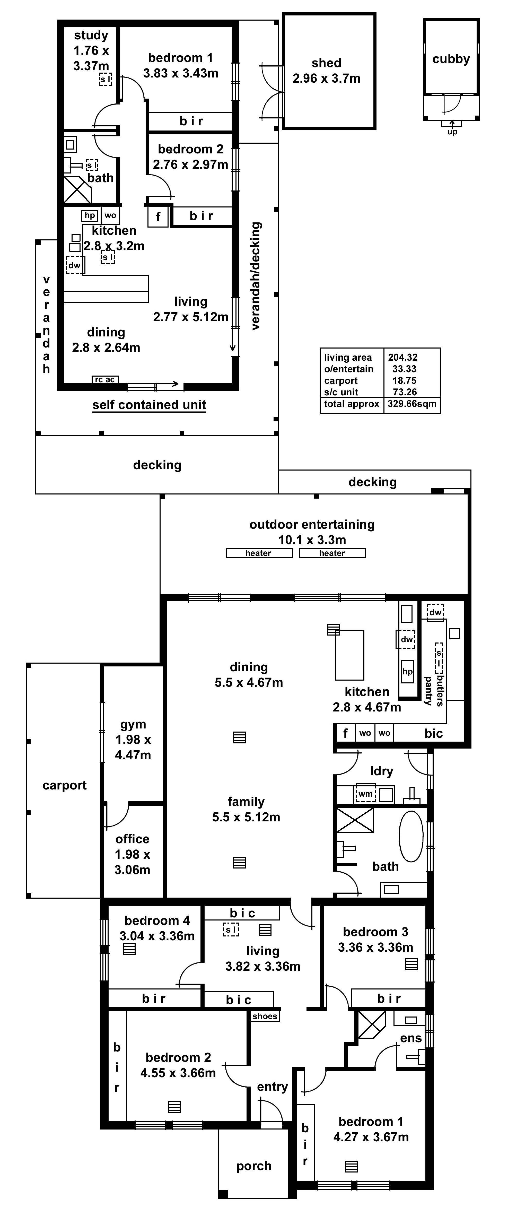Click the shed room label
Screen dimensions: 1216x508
pos(326,63)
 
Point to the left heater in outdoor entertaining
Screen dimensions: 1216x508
pos(259,553)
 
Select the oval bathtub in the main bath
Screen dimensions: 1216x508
pos(411,837)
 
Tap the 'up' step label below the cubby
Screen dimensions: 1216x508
pos(452,132)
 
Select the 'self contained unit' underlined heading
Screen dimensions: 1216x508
pos(149,405)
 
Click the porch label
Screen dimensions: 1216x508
pos(254,1166)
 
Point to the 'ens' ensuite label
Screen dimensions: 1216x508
pos(411,1038)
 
